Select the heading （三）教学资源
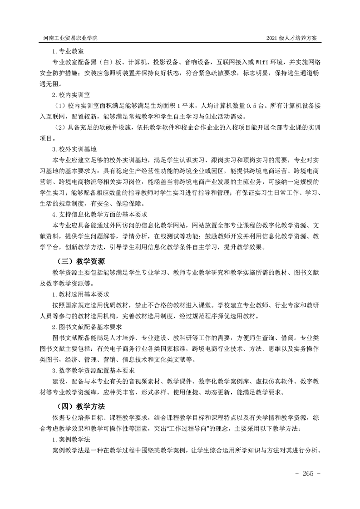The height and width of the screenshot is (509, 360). click(x=81, y=261)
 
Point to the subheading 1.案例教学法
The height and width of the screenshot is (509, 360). click(x=73, y=439)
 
